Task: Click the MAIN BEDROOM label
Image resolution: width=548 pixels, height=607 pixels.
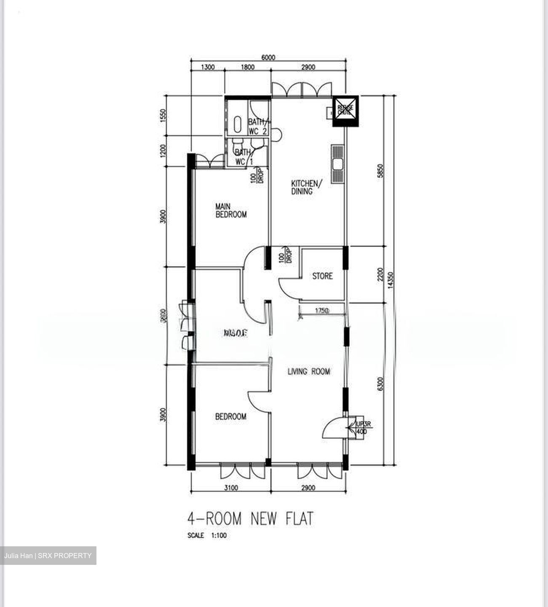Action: tap(230, 210)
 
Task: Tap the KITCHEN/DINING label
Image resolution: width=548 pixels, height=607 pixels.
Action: tap(306, 187)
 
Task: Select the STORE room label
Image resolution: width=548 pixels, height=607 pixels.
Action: tap(322, 276)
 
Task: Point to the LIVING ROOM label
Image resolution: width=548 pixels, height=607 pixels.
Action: tap(309, 371)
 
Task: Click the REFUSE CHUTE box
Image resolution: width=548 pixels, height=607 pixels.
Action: tap(345, 110)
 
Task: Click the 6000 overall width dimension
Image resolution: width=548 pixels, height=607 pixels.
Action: tap(268, 58)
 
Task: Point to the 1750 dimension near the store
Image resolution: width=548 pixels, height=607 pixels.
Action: tap(321, 311)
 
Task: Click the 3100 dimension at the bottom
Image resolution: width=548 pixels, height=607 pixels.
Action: tap(231, 488)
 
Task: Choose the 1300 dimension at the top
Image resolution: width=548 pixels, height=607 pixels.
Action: tap(207, 67)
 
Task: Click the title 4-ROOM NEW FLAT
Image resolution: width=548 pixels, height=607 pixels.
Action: tap(251, 518)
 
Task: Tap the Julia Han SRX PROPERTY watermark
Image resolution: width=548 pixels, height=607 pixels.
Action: tap(48, 556)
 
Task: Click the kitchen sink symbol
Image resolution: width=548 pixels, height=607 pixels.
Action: tap(338, 164)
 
